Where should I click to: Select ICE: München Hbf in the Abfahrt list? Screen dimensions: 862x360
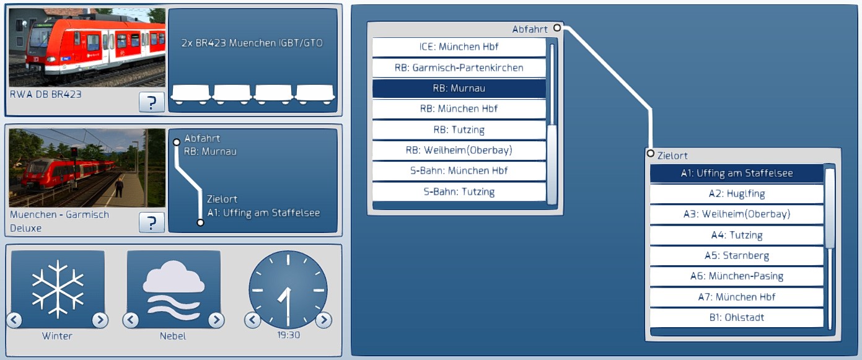tap(459, 47)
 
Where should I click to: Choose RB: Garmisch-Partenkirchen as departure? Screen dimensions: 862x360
tap(459, 68)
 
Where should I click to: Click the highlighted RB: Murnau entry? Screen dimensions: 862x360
tap(459, 89)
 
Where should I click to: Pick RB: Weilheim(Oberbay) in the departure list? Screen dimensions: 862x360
tap(459, 150)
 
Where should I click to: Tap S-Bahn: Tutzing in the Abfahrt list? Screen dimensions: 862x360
tap(459, 191)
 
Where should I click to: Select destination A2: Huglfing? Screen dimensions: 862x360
tap(737, 193)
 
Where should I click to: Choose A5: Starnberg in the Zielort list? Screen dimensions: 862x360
tap(737, 256)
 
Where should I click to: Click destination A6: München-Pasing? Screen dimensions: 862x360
tap(737, 276)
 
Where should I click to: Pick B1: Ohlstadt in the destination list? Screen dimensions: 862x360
tap(737, 318)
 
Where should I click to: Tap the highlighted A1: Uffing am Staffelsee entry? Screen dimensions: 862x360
tap(737, 173)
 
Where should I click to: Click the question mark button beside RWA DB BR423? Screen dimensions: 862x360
tap(152, 102)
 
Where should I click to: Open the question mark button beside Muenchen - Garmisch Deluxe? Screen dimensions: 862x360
tap(152, 222)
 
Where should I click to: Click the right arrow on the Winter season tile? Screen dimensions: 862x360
tap(100, 320)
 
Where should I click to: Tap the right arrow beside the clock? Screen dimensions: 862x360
tap(323, 320)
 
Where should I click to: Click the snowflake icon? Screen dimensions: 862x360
tap(58, 289)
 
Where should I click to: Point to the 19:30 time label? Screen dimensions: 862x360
tap(289, 335)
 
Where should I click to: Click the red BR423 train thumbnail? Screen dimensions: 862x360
tap(87, 47)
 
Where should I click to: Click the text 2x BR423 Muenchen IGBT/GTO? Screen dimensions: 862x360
tap(252, 43)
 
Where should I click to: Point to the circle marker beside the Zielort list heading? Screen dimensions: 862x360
tap(650, 154)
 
